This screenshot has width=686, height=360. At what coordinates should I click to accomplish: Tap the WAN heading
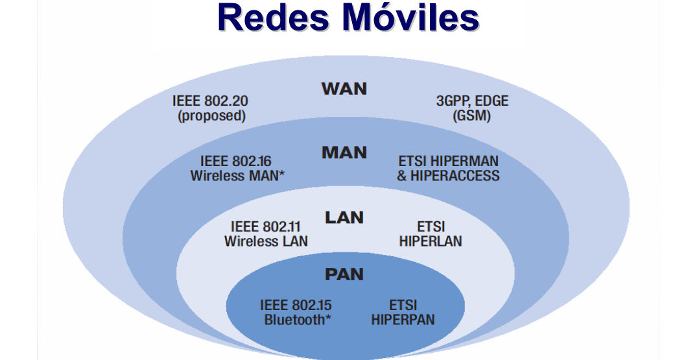click(344, 88)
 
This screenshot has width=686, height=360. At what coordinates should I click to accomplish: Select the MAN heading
click(344, 153)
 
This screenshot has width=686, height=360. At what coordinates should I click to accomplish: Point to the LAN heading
click(344, 217)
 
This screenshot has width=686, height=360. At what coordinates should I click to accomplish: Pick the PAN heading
click(344, 274)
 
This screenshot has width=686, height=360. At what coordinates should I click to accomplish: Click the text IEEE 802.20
click(210, 102)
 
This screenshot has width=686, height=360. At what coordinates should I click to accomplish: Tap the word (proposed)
click(211, 116)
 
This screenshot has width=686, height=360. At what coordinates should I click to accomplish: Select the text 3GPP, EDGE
click(471, 102)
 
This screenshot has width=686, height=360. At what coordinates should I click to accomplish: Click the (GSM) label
click(471, 116)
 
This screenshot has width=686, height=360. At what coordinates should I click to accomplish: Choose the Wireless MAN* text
click(238, 176)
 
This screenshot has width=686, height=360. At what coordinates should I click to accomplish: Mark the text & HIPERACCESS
click(448, 176)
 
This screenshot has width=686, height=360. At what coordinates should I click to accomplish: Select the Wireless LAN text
click(266, 241)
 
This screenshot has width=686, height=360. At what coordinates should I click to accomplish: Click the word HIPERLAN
click(431, 241)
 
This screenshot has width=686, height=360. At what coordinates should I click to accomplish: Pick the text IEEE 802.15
click(296, 305)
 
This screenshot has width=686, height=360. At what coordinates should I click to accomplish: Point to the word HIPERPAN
click(403, 319)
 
